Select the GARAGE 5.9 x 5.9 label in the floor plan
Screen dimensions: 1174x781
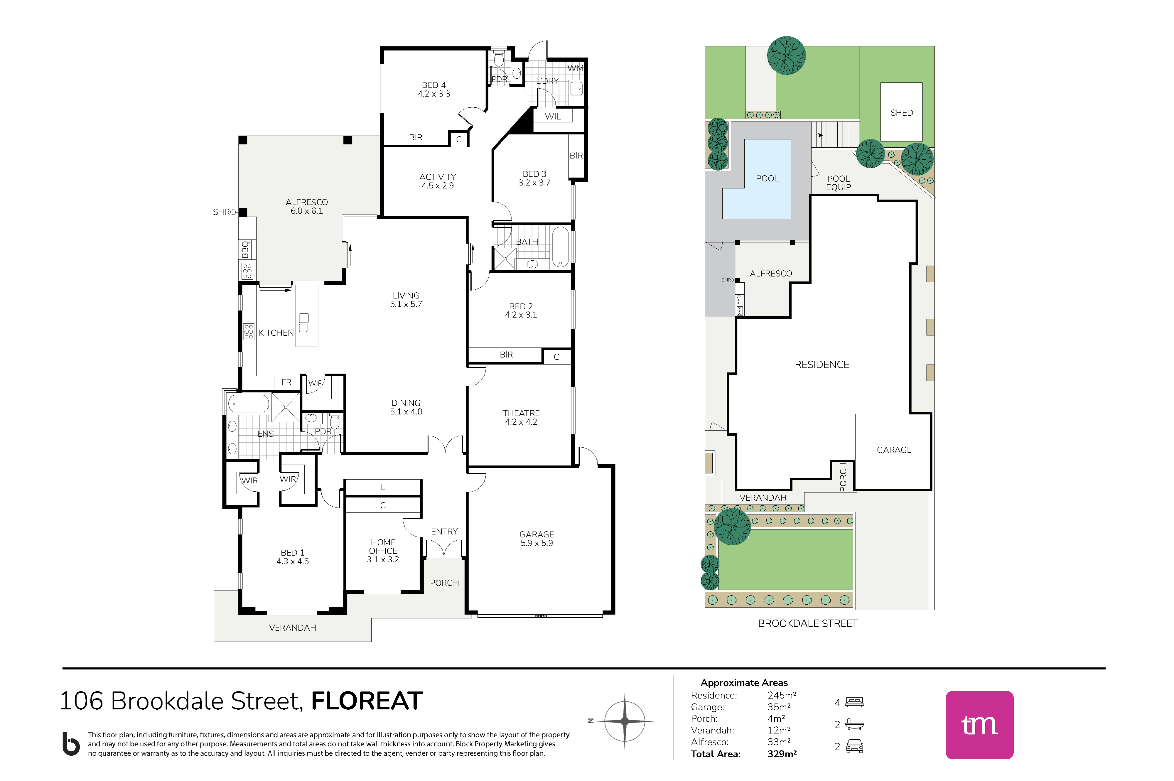[x=537, y=539]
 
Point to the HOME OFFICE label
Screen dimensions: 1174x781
[x=383, y=546]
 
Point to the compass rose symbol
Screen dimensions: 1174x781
[x=625, y=721]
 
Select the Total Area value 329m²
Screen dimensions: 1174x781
[x=782, y=754]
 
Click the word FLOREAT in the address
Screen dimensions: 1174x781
[x=367, y=701]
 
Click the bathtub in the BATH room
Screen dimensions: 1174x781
[x=560, y=247]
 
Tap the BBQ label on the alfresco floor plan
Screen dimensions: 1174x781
[x=245, y=249]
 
